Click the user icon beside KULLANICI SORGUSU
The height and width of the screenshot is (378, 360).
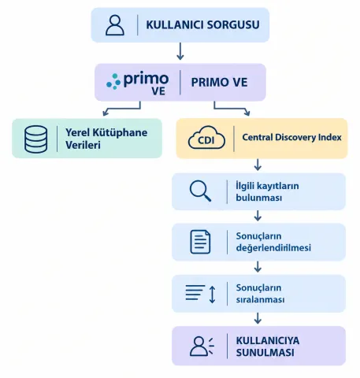click(x=115, y=25)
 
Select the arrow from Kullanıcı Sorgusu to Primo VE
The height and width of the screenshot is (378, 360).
click(x=180, y=51)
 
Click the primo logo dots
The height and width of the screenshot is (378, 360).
click(x=113, y=81)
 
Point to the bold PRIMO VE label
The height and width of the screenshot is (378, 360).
click(x=219, y=83)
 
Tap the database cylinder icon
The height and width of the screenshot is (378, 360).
click(x=36, y=139)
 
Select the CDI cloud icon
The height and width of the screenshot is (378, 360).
click(x=206, y=138)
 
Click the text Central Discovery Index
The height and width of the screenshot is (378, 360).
click(x=291, y=137)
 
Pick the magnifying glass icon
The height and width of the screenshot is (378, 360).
click(x=200, y=191)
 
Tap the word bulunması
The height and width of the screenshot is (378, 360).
click(x=259, y=198)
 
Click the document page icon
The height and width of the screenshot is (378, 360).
click(x=200, y=242)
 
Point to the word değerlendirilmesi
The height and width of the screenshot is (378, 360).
click(x=273, y=247)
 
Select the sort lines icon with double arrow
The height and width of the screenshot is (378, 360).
click(x=201, y=294)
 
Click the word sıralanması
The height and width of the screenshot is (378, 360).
click(x=260, y=299)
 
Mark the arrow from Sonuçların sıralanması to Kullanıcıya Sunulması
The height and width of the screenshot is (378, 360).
click(x=258, y=318)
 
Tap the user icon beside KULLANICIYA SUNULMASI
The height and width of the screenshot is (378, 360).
click(x=202, y=346)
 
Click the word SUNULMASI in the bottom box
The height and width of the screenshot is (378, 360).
click(x=265, y=352)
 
